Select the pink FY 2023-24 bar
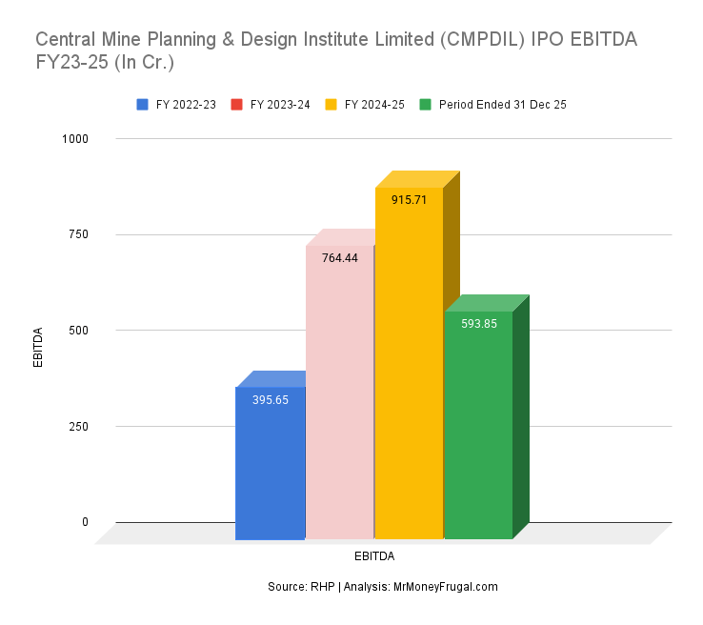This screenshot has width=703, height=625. (x=339, y=400)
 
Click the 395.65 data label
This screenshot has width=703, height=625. (x=271, y=400)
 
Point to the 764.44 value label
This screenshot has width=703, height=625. (x=340, y=258)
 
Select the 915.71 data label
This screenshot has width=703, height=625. (x=409, y=200)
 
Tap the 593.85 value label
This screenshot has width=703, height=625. (x=478, y=324)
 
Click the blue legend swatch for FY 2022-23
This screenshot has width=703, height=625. (x=143, y=105)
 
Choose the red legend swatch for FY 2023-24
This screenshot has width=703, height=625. (x=237, y=105)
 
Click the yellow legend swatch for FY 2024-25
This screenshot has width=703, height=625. (x=331, y=105)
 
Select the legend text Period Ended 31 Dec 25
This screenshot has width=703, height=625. (x=503, y=105)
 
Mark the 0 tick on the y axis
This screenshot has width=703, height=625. (x=85, y=522)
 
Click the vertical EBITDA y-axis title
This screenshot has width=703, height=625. (x=39, y=348)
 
